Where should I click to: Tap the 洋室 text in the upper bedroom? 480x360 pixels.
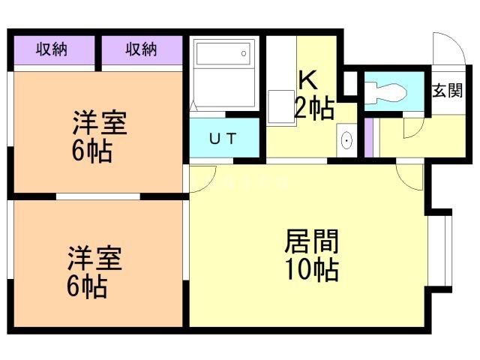click(100, 123)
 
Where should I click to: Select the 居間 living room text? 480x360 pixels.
click(311, 241)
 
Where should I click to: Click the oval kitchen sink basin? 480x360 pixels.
click(346, 141)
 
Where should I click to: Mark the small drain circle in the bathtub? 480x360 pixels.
click(243, 52)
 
